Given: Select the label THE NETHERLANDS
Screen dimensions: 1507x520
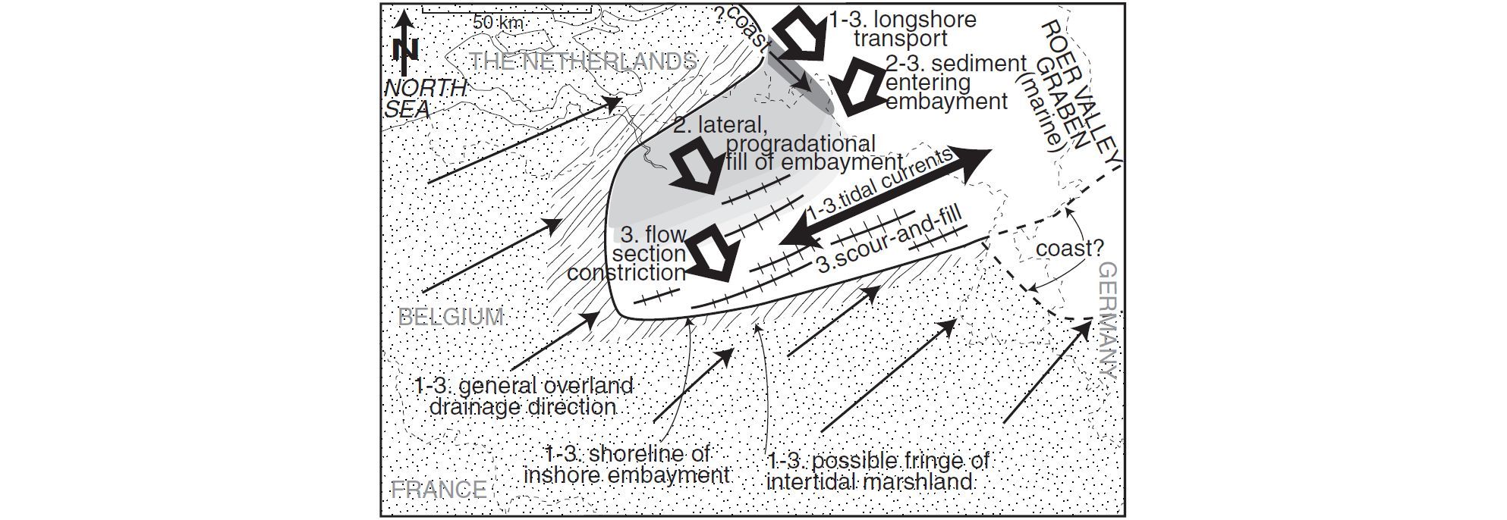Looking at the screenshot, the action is pos(583,61).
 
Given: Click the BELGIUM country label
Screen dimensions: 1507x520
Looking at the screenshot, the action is pos(451,317).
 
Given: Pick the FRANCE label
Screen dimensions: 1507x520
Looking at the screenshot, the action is pos(439,490).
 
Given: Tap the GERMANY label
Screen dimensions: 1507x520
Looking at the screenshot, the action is pos(1108,320).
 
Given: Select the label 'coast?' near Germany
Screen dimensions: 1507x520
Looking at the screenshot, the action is pos(1070,249).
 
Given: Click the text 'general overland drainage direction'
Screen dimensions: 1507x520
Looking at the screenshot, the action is pos(524,396).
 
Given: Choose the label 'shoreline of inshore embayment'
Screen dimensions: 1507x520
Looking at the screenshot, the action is pos(627,465).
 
